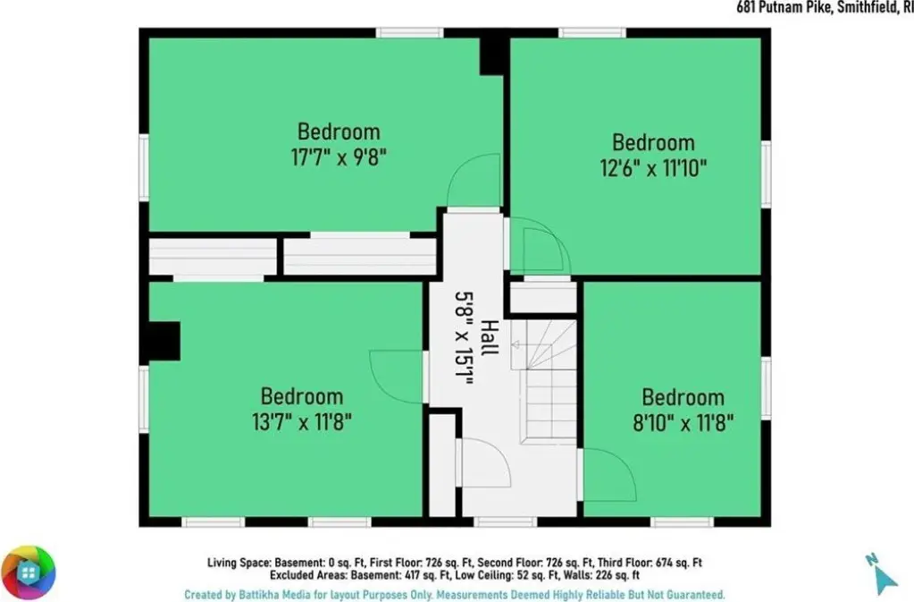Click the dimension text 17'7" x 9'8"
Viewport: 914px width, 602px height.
click(x=339, y=157)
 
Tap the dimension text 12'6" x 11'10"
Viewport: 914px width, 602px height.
click(x=653, y=168)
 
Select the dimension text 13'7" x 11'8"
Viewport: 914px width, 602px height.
click(x=302, y=421)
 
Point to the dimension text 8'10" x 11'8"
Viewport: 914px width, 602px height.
click(x=683, y=422)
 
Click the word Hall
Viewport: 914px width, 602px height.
click(x=490, y=337)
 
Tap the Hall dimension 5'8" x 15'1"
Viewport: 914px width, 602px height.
click(x=464, y=338)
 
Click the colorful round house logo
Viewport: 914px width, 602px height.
click(x=28, y=572)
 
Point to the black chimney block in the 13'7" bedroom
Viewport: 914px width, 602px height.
click(x=164, y=341)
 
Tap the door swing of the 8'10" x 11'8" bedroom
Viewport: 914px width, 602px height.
click(x=609, y=475)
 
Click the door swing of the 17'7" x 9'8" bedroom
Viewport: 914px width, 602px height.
click(x=474, y=181)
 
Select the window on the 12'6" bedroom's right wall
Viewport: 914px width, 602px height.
click(x=767, y=174)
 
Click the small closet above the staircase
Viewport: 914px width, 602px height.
click(x=543, y=298)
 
